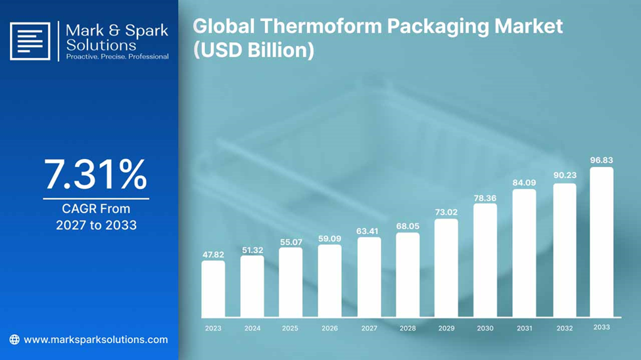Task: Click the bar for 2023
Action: (x=213, y=289)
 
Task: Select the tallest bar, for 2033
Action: (x=602, y=242)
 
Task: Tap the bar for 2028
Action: (x=408, y=275)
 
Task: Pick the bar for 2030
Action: (x=485, y=260)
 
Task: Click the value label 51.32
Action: (x=252, y=250)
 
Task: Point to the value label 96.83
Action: (x=602, y=160)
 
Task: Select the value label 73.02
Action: (x=446, y=212)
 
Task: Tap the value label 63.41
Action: (x=367, y=231)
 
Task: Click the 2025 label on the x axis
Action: (x=290, y=328)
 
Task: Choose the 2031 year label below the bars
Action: (x=525, y=328)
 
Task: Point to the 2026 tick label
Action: (x=329, y=328)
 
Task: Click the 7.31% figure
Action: (x=96, y=175)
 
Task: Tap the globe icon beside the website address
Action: (x=14, y=340)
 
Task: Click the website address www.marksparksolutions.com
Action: (x=96, y=340)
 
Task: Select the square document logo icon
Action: (x=30, y=41)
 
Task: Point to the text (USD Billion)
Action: (x=254, y=51)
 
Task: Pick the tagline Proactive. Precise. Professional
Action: (x=117, y=56)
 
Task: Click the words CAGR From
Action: (x=96, y=209)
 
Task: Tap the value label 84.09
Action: (x=524, y=183)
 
